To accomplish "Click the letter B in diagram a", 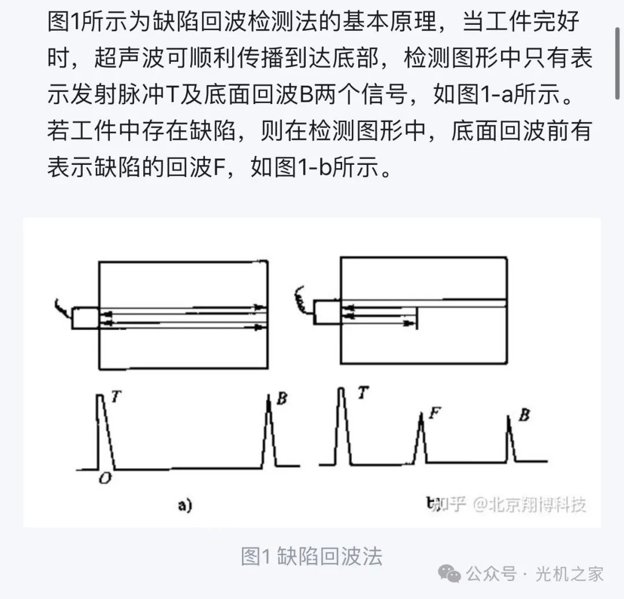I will (282, 399).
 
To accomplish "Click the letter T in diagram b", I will (363, 393).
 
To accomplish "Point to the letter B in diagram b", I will (524, 415).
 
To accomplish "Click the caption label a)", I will (184, 506).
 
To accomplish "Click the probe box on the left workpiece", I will (86, 319).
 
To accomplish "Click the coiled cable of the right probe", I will (300, 298).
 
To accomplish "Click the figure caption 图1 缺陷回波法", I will (311, 556).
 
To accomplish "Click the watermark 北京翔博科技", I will (537, 505).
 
